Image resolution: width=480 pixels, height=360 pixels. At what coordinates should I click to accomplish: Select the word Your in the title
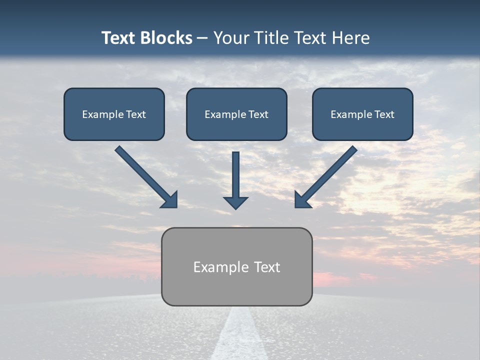pyautogui.click(x=231, y=38)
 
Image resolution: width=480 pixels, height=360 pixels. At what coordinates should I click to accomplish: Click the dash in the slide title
pyautogui.click(x=202, y=38)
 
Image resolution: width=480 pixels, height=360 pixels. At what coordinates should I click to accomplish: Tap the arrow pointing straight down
pyautogui.click(x=235, y=175)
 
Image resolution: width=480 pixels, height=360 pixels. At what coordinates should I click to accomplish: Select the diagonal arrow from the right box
pyautogui.click(x=330, y=173)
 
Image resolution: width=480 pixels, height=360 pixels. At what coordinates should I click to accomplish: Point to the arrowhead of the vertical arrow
pyautogui.click(x=235, y=202)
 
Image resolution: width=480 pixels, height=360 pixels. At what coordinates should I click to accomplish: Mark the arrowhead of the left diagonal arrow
pyautogui.click(x=169, y=199)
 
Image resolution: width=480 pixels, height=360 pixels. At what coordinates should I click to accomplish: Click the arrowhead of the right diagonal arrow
pyautogui.click(x=303, y=199)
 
